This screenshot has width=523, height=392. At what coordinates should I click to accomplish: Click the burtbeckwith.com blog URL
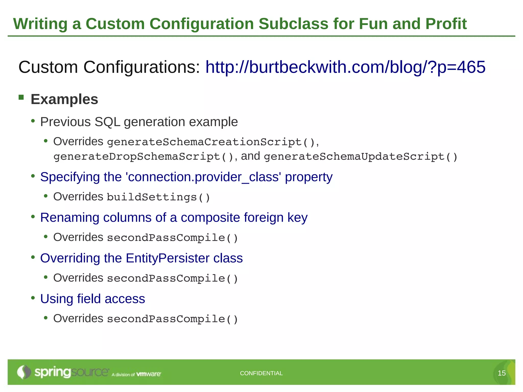[345, 67]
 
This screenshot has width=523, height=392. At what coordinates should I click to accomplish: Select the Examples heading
[64, 99]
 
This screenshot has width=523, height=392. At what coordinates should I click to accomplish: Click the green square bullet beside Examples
[21, 97]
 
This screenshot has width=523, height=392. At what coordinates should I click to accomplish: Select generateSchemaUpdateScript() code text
[361, 156]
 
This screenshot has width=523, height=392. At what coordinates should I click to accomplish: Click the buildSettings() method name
[158, 197]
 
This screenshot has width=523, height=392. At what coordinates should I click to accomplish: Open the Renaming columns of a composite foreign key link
[174, 218]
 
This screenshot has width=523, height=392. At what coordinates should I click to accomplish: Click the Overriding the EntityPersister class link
[141, 258]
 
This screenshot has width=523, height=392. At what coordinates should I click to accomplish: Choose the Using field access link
[92, 299]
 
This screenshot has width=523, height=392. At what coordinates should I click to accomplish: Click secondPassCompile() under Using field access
[172, 319]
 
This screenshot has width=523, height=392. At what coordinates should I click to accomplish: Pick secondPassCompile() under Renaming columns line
[172, 238]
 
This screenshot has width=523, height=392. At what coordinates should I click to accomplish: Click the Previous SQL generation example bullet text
[139, 122]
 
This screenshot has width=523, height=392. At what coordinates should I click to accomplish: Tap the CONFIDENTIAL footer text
[261, 373]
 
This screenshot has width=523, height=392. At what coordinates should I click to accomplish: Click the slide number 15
[502, 373]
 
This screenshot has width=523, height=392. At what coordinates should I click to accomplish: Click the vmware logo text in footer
[149, 374]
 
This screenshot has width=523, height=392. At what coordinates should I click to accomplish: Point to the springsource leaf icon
[24, 372]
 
